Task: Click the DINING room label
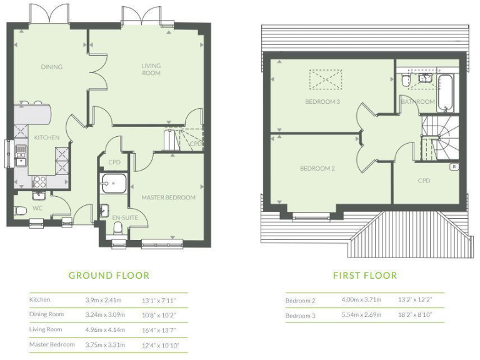(52, 66)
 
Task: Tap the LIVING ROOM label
(151, 69)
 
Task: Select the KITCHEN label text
(47, 137)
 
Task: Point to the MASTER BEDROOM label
(168, 197)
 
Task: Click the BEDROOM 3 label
(322, 101)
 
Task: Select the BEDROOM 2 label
(317, 168)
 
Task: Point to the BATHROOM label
(417, 101)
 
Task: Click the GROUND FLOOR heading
(109, 275)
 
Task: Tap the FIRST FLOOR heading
(365, 275)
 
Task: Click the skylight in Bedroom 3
(324, 79)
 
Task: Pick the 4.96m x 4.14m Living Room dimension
(105, 329)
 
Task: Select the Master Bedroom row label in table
(52, 344)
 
